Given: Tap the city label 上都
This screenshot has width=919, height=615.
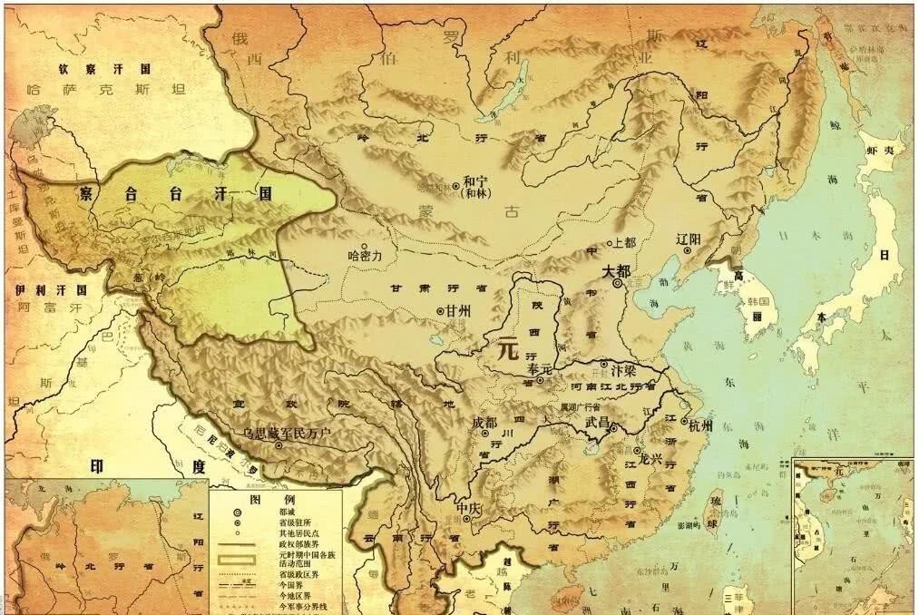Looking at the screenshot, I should [626, 243].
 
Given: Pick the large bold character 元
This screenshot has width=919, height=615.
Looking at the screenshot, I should [506, 349].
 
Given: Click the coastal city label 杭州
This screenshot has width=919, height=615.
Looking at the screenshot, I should [700, 425].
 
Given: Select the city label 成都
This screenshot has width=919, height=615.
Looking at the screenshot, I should [485, 423].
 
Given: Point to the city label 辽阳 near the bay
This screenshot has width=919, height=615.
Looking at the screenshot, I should [689, 239].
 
